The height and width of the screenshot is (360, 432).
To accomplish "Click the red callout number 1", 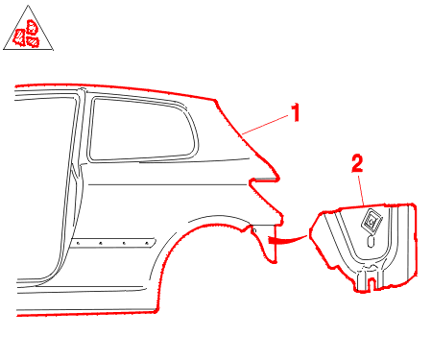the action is [x=296, y=112].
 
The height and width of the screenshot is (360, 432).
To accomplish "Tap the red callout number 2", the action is [x=357, y=163].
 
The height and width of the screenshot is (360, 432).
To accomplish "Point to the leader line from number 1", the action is [x=266, y=125].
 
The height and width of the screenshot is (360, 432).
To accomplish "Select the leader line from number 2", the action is [x=361, y=190].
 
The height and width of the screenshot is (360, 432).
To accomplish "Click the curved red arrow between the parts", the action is [x=287, y=240].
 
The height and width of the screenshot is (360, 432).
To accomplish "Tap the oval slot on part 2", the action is [x=371, y=242].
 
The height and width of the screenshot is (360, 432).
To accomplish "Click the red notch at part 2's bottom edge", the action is [x=372, y=283].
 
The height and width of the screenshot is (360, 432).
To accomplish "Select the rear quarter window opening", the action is [x=143, y=130].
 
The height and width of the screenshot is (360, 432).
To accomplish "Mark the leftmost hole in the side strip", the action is [x=78, y=244].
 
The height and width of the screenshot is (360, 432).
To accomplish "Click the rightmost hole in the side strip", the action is [x=147, y=243].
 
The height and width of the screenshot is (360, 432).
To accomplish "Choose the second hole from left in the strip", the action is [x=101, y=243].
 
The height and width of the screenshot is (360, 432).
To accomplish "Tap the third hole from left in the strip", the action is [x=124, y=243].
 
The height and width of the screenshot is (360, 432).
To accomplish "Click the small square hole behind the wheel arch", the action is [x=254, y=230].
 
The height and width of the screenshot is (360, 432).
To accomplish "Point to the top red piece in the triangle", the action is [x=32, y=27].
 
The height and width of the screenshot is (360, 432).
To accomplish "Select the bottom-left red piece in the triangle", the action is [x=19, y=37].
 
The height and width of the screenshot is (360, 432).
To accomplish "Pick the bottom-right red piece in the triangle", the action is [x=33, y=41].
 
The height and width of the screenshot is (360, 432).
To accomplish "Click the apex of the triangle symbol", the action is [x=29, y=5].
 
